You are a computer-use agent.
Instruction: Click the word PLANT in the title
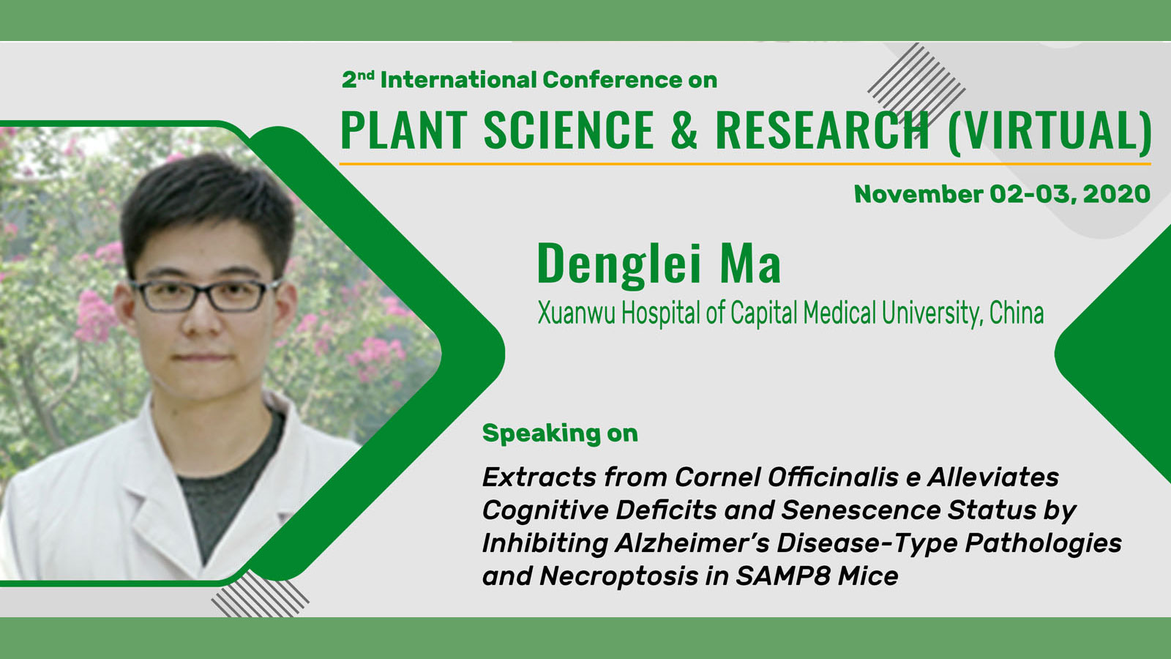(x=403, y=130)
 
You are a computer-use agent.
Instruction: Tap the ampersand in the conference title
(x=684, y=130)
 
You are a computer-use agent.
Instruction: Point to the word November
(x=918, y=194)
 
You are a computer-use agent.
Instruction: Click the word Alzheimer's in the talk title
(x=692, y=543)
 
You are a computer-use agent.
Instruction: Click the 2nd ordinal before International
(x=358, y=79)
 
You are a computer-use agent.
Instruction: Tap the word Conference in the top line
(x=612, y=80)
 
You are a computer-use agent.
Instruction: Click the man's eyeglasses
(x=205, y=296)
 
